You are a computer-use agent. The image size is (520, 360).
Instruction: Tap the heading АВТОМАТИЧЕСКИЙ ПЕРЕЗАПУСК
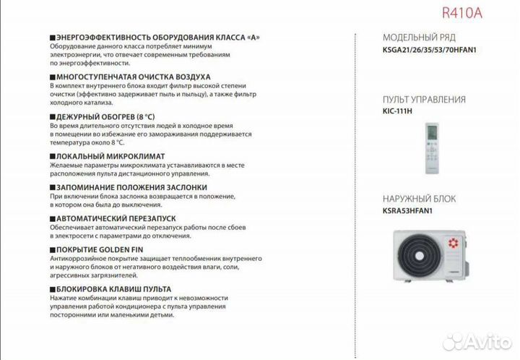pyautogui.click(x=116, y=218)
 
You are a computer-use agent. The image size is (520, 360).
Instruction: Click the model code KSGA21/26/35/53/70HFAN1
pyautogui.click(x=430, y=52)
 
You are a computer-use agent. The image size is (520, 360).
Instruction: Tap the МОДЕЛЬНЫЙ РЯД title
pyautogui.click(x=419, y=38)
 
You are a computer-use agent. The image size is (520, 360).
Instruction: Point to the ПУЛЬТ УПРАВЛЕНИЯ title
pyautogui.click(x=423, y=100)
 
